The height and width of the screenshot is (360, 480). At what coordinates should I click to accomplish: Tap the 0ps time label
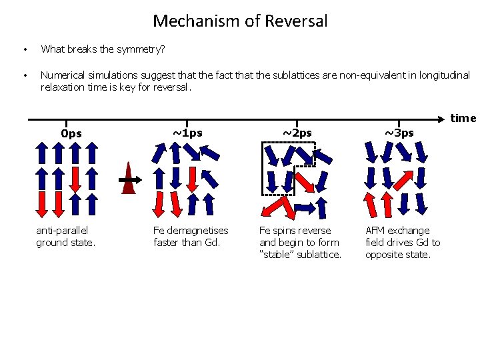pyautogui.click(x=71, y=133)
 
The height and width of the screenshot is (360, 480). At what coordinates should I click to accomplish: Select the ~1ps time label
pyautogui.click(x=187, y=132)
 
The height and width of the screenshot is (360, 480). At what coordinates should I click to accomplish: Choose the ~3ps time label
pyautogui.click(x=399, y=132)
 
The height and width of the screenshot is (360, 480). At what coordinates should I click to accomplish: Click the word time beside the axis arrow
pyautogui.click(x=463, y=119)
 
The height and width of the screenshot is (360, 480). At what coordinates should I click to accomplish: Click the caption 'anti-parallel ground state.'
pyautogui.click(x=66, y=237)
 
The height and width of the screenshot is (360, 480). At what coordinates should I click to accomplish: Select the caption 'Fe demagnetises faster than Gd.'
pyautogui.click(x=191, y=237)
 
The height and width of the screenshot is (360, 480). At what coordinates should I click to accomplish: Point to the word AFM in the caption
pyautogui.click(x=375, y=231)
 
